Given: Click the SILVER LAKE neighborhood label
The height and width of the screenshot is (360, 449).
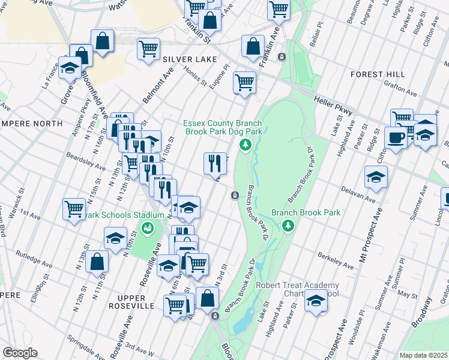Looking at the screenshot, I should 185,60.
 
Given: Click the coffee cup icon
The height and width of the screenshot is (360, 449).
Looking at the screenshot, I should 396,137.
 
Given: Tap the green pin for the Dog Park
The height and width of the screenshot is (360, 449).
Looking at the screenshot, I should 245,145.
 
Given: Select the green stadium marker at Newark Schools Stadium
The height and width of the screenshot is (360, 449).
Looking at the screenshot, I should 146,227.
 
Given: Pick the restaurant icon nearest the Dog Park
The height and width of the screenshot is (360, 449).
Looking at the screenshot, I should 215,163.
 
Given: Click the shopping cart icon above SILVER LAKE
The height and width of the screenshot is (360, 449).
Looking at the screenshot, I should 148,49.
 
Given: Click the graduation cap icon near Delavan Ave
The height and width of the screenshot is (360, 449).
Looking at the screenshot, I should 376,177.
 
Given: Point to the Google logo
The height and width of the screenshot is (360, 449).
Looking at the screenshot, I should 20,353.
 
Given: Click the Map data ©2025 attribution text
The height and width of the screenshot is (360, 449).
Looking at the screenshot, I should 423,355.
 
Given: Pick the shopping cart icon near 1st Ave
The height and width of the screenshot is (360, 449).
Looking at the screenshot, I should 74,209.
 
